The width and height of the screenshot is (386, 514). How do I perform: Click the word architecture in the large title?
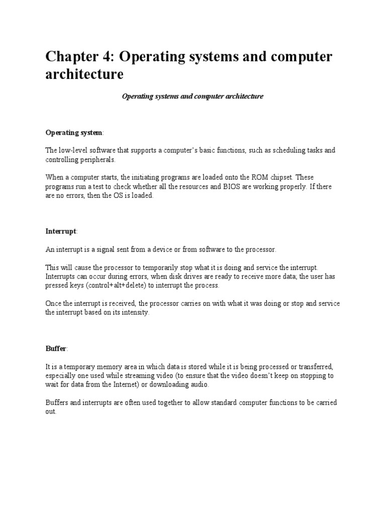click(x=84, y=74)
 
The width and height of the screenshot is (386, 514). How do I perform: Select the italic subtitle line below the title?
click(x=192, y=96)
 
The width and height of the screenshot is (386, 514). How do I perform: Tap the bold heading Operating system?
click(x=74, y=133)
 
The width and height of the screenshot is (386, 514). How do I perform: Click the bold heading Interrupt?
click(x=61, y=231)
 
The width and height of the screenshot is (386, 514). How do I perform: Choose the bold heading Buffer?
click(x=56, y=349)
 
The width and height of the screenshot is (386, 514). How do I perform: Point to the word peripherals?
click(x=98, y=160)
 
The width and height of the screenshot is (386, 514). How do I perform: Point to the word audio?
click(x=197, y=384)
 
